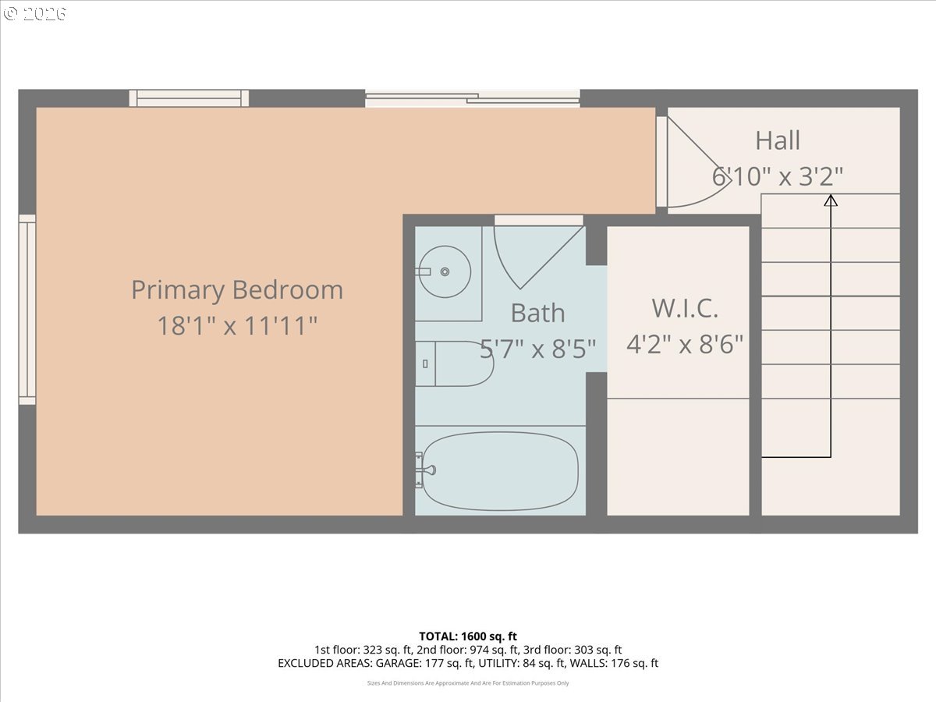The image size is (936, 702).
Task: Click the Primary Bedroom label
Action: (236, 290)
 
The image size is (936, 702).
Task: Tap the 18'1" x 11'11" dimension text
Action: (237, 325)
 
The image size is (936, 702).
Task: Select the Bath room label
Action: (537, 313)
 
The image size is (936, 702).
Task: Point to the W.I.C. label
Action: (684, 308)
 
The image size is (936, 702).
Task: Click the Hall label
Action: (778, 141)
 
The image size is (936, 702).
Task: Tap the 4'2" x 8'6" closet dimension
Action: (685, 344)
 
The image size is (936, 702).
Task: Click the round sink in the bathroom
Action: (444, 271)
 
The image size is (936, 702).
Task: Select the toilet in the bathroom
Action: (454, 363)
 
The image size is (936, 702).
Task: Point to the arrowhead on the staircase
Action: (831, 200)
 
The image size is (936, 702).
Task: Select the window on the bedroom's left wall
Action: (27, 310)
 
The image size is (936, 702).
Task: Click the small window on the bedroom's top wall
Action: (189, 98)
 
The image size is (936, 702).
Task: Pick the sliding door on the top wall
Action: (472, 98)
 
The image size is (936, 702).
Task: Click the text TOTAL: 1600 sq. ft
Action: (468, 636)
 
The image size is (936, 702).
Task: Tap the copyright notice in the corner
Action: (34, 13)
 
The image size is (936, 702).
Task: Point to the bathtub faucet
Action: (426, 470)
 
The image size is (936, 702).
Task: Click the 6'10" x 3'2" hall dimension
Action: (778, 176)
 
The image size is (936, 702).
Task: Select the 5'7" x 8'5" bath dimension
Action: (543, 348)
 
